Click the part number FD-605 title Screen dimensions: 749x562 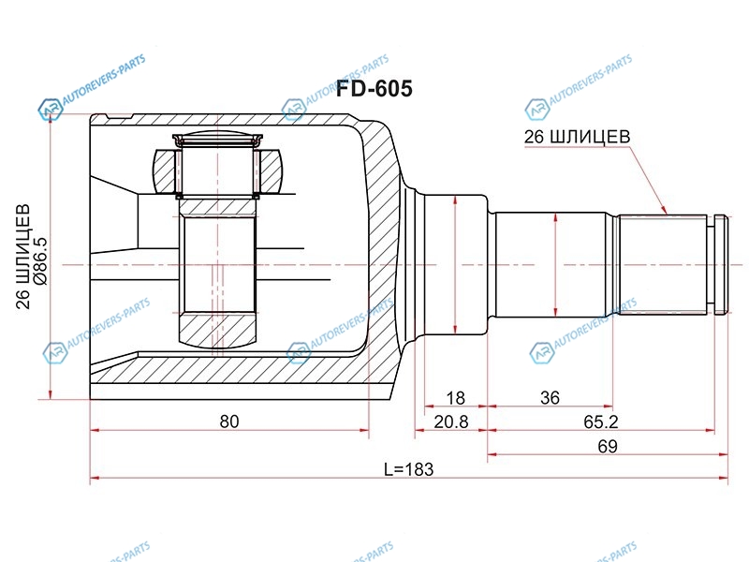374,89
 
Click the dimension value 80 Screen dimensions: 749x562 229,421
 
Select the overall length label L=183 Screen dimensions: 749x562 409,469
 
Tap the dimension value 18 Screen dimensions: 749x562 455,397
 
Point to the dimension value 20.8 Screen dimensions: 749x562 451,422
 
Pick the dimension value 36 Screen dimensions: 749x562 550,397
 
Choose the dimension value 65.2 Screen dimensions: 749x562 601,422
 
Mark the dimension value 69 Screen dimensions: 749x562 608,447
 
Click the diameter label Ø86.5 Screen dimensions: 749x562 40,261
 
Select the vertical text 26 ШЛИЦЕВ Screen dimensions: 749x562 23,257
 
